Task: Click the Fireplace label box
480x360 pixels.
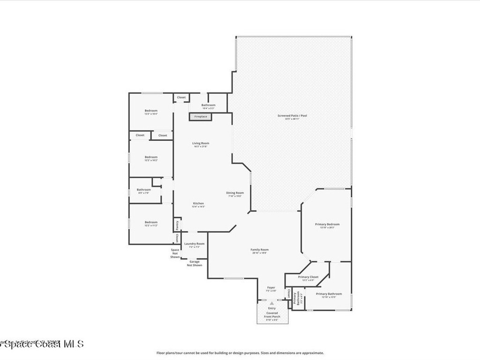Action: pyautogui.click(x=201, y=116)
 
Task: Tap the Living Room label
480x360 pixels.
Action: pyautogui.click(x=201, y=143)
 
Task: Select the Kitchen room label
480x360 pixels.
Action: pyautogui.click(x=198, y=203)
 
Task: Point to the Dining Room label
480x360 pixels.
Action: pyautogui.click(x=235, y=193)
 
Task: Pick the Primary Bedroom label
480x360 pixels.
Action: pyautogui.click(x=327, y=225)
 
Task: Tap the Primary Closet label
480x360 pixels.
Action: pyautogui.click(x=308, y=277)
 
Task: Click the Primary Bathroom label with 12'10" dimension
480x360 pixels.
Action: pyautogui.click(x=329, y=294)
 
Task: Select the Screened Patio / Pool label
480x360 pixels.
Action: pyautogui.click(x=292, y=115)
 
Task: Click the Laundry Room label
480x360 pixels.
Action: pyautogui.click(x=194, y=244)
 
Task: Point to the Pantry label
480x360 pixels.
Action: pyautogui.click(x=177, y=225)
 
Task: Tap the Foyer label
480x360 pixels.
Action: pyautogui.click(x=271, y=287)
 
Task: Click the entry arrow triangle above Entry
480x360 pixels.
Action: pyautogui.click(x=271, y=303)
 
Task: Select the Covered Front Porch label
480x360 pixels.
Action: pyautogui.click(x=272, y=315)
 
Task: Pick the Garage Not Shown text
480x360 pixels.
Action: pyautogui.click(x=195, y=263)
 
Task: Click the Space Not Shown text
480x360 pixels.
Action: pyautogui.click(x=175, y=254)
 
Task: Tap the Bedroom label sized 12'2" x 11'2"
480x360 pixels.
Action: pyautogui.click(x=151, y=222)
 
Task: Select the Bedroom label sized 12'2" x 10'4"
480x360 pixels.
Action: pyautogui.click(x=151, y=111)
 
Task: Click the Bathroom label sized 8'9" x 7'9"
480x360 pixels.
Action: pyautogui.click(x=144, y=190)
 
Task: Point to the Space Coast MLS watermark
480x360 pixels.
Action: pyautogui.click(x=42, y=344)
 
